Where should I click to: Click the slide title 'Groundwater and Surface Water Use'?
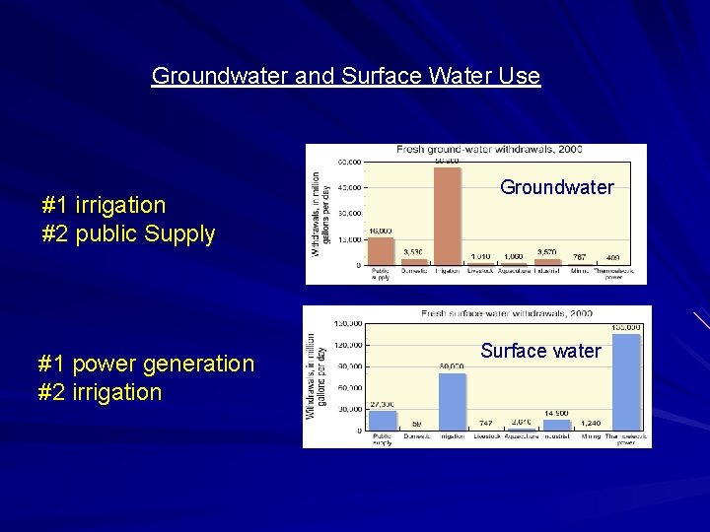click(x=345, y=76)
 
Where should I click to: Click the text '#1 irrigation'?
click(x=104, y=205)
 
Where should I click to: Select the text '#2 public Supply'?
click(x=128, y=234)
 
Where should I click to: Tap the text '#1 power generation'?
click(x=146, y=364)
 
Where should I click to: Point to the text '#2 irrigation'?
click(x=100, y=392)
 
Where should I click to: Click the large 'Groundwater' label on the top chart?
click(x=556, y=187)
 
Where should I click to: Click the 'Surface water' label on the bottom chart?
click(x=540, y=351)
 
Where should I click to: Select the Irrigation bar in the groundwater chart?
click(x=447, y=216)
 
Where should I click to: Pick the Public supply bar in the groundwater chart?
click(x=381, y=251)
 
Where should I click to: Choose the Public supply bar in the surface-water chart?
click(x=383, y=420)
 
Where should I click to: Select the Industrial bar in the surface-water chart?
click(x=556, y=425)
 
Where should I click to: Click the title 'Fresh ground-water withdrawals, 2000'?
click(x=489, y=150)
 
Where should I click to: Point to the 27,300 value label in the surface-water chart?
click(x=382, y=404)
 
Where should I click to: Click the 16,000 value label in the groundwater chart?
click(x=381, y=232)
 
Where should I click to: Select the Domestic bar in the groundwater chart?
click(x=414, y=262)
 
